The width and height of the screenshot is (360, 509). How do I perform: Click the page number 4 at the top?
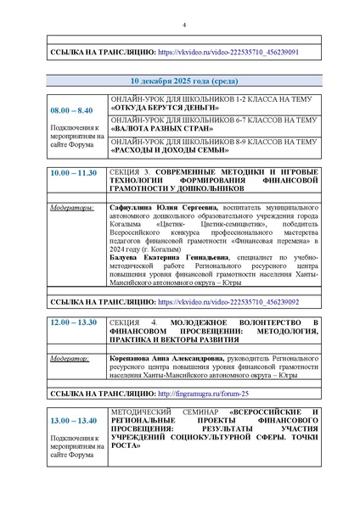183,25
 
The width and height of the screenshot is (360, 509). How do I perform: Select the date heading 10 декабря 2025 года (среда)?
183,82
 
